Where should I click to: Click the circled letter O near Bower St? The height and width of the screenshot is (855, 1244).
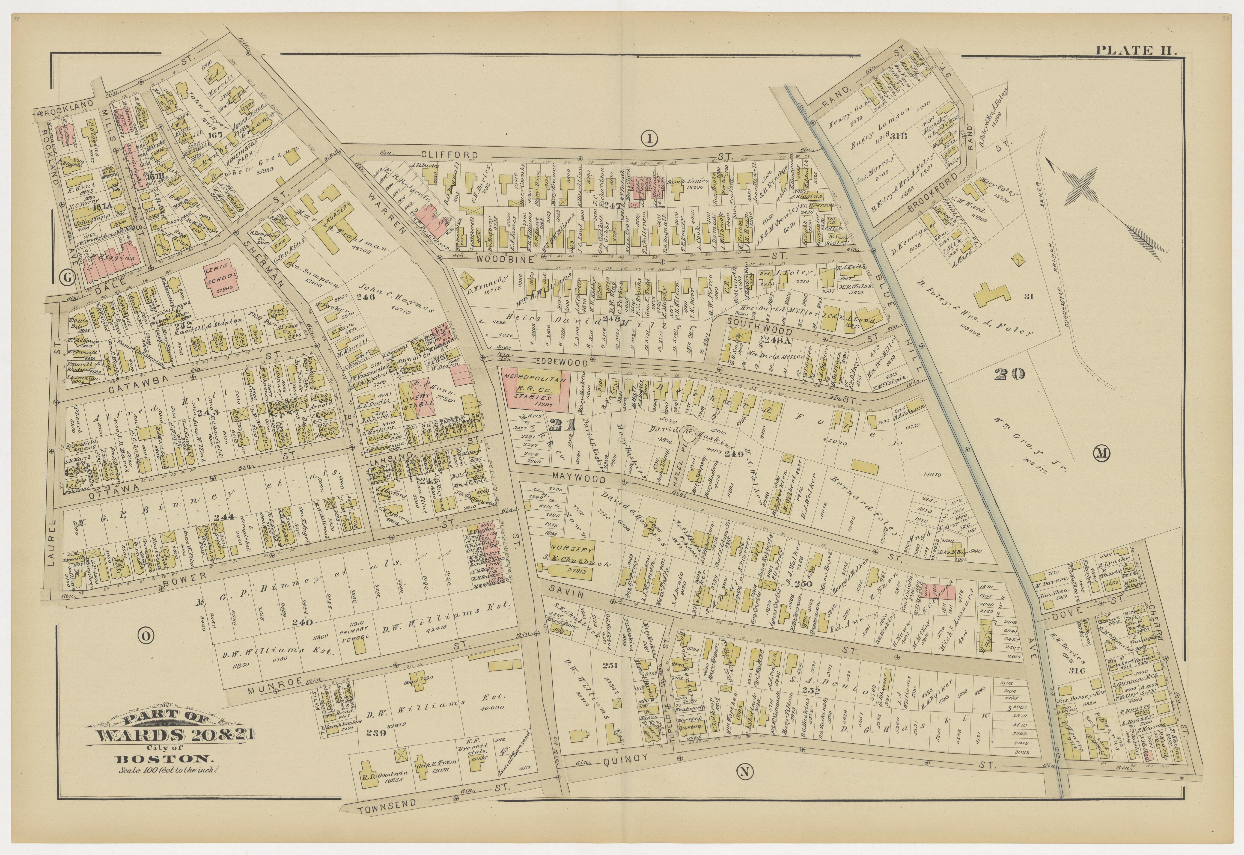click(145, 636)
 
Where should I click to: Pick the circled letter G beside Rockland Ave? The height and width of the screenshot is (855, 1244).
click(67, 277)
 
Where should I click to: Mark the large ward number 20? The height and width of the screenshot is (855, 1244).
click(1009, 374)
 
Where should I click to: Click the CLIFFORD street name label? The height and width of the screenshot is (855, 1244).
click(449, 155)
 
